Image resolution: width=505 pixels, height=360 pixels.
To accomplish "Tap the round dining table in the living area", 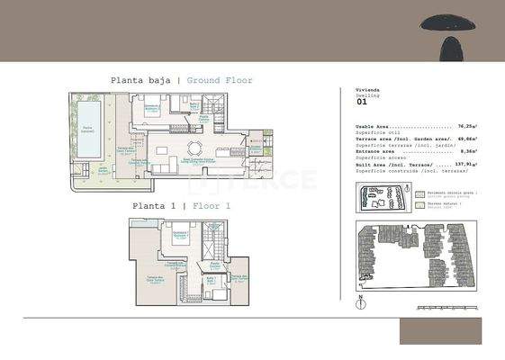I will tap(193, 148).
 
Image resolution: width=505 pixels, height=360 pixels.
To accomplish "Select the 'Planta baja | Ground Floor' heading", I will tap(182, 80).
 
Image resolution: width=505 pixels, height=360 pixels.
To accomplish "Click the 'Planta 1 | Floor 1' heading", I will tap(181, 205).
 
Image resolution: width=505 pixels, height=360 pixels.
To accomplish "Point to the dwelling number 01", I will tap(362, 102).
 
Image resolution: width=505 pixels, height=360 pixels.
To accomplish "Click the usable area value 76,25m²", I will tap(466, 127).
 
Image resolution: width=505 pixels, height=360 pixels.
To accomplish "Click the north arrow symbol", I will tap(359, 299).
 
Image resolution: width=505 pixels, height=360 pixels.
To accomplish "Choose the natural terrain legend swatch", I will tap(421, 204).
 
